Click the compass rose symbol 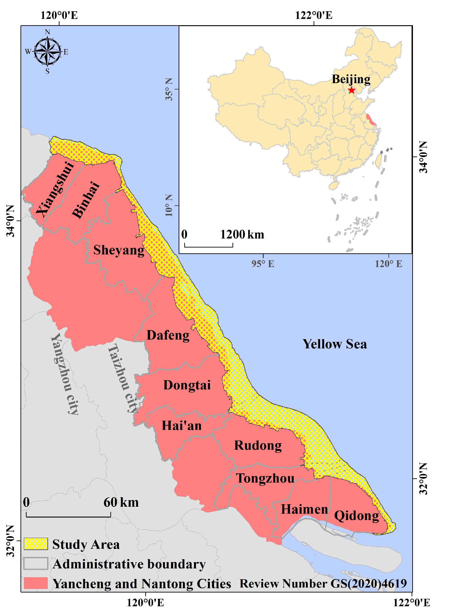pyautogui.click(x=48, y=52)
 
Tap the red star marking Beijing pyautogui.click(x=351, y=90)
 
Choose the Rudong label pyautogui.click(x=258, y=445)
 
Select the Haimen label pyautogui.click(x=304, y=509)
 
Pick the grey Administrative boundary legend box pyautogui.click(x=36, y=563)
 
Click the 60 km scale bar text pyautogui.click(x=121, y=502)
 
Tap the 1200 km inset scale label pyautogui.click(x=242, y=234)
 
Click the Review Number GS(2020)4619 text pyautogui.click(x=323, y=583)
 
